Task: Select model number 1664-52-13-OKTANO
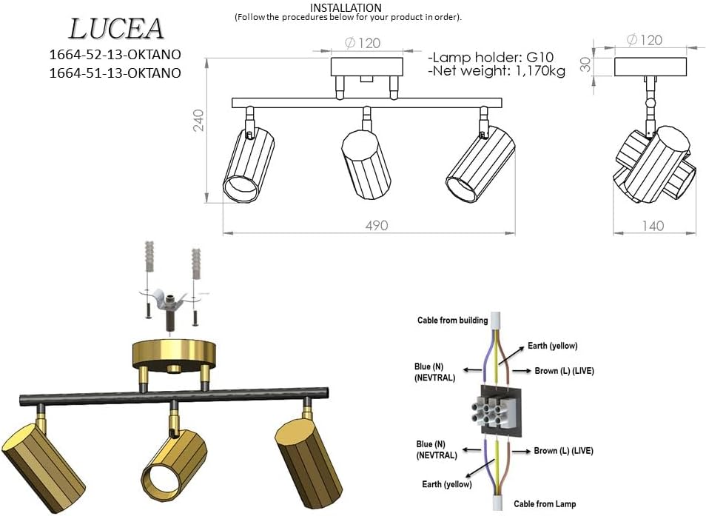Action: coord(115,55)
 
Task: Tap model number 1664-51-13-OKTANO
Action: coord(115,73)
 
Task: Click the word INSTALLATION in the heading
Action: coord(346,7)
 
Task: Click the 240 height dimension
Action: coord(198,121)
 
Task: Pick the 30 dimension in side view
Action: coord(586,65)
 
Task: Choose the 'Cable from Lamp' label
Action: coord(545,504)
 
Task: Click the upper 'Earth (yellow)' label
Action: coord(552,346)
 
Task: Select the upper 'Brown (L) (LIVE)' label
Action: coord(564,370)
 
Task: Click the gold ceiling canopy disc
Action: coord(172,355)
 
